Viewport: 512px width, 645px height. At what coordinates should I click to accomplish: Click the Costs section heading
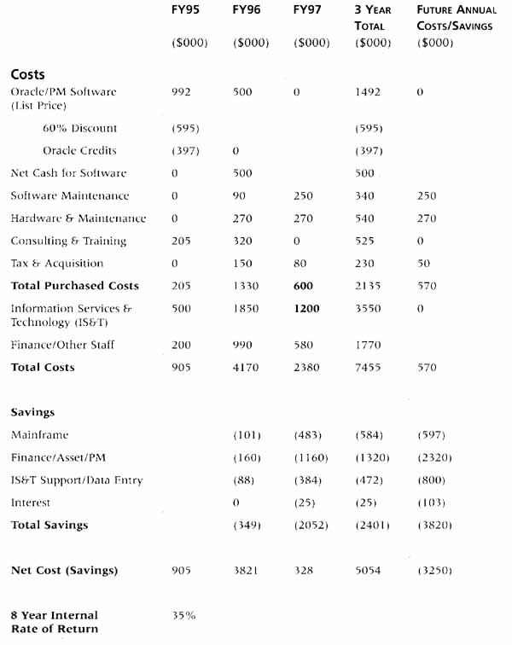click(28, 74)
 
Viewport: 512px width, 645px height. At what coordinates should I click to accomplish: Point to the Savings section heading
click(32, 412)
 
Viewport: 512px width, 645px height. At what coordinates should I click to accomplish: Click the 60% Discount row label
click(79, 129)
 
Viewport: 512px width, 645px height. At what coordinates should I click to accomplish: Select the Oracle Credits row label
click(82, 151)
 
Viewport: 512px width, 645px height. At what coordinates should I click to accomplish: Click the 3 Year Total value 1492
click(369, 92)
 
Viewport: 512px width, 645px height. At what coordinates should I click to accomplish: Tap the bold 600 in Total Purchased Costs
click(303, 286)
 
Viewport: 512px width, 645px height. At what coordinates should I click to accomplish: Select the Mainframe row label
click(39, 435)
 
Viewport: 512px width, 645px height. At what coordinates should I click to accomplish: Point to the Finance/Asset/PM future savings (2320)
click(434, 458)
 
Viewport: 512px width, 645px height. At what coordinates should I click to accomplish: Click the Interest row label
click(31, 503)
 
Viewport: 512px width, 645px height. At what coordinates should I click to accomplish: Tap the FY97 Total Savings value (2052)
click(307, 525)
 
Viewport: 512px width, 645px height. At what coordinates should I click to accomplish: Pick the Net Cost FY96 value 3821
click(245, 570)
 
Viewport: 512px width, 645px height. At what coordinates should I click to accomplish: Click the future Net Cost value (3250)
click(434, 570)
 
